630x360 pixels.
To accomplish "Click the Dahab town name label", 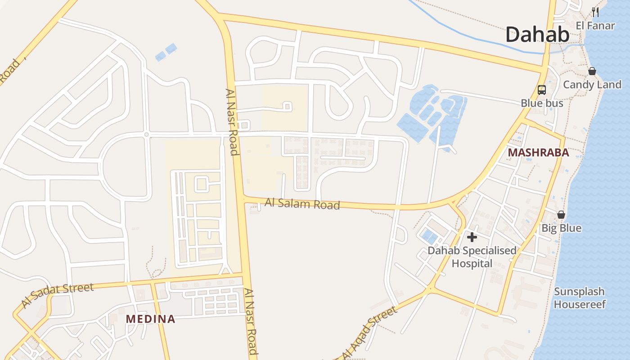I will (537, 34).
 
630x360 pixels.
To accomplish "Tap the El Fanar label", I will (595, 26).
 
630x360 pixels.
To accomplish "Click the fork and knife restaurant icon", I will (595, 12).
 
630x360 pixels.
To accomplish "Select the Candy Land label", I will (592, 85).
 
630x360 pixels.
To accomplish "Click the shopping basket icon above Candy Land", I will (592, 71).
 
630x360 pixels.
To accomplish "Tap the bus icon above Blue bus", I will (542, 90).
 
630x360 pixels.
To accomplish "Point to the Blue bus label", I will (542, 103).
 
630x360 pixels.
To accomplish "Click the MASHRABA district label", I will (538, 153).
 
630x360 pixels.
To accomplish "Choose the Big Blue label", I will (561, 228).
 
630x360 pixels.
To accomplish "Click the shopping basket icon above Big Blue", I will (561, 215).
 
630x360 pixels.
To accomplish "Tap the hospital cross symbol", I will (472, 237).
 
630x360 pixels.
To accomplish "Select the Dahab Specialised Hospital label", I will (472, 256).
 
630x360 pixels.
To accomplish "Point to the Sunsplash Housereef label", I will (580, 298).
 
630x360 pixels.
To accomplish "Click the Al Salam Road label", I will (302, 204).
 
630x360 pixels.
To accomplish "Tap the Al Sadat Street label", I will (57, 295).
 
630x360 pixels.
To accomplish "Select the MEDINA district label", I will (150, 319).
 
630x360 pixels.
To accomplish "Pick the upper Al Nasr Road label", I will (231, 121).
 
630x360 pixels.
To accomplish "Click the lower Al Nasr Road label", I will (251, 322).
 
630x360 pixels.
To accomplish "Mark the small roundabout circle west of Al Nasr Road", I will (146, 135).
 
